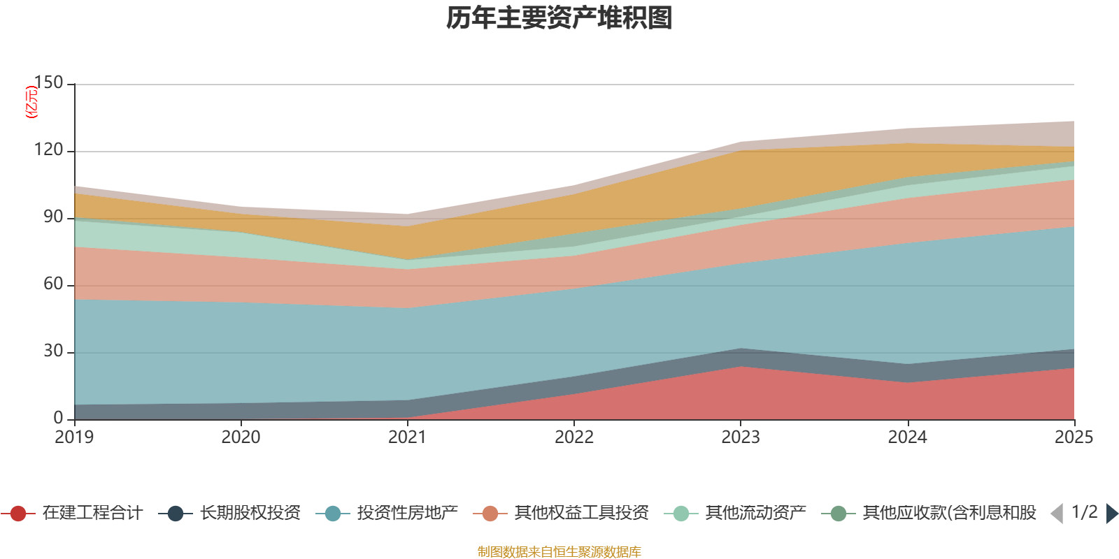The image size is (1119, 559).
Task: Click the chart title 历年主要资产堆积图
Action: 559,18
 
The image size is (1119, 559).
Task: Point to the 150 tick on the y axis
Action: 48,82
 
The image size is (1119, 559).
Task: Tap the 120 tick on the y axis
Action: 48,150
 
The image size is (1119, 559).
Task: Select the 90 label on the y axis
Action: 53,217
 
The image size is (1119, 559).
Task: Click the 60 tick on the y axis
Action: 53,284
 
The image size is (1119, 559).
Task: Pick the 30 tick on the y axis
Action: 53,351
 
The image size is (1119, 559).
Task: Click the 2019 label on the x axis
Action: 75,437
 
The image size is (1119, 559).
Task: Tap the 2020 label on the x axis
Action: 241,437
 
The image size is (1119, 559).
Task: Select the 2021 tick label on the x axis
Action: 407,437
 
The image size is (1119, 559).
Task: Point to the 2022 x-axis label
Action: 574,437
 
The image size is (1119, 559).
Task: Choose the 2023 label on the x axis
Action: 741,437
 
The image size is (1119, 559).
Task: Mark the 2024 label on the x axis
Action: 907,437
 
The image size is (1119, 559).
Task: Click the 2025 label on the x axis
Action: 1074,437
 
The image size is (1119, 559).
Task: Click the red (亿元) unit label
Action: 31,102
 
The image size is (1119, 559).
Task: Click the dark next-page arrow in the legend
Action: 1111,514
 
